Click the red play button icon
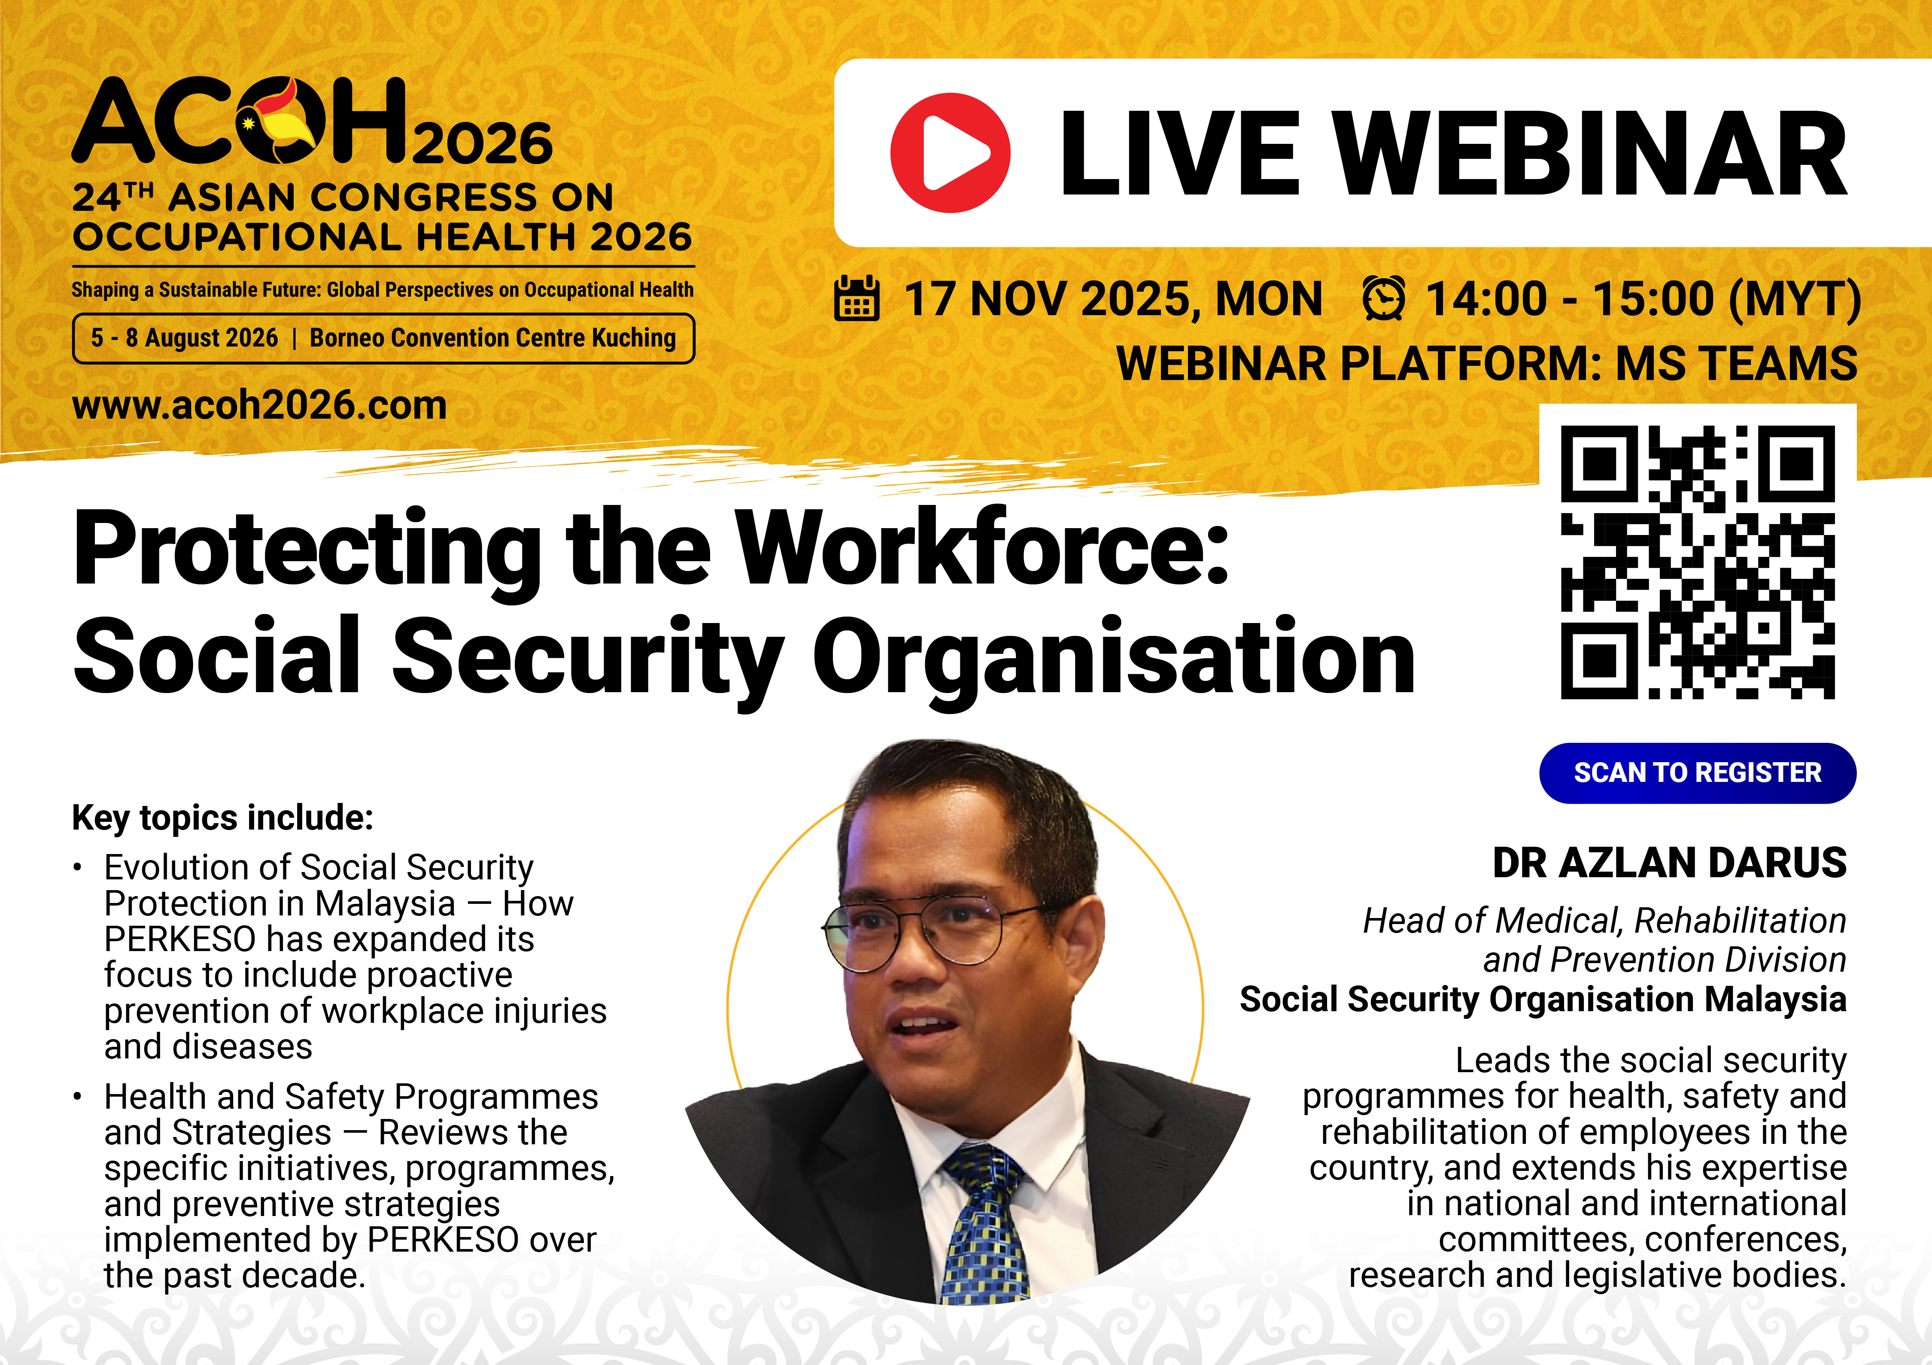(x=950, y=152)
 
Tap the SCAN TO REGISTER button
(x=1697, y=772)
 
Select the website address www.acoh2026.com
(x=259, y=406)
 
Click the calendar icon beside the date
(x=857, y=299)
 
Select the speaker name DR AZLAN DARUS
(x=1670, y=863)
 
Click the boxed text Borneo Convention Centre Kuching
(x=493, y=338)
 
